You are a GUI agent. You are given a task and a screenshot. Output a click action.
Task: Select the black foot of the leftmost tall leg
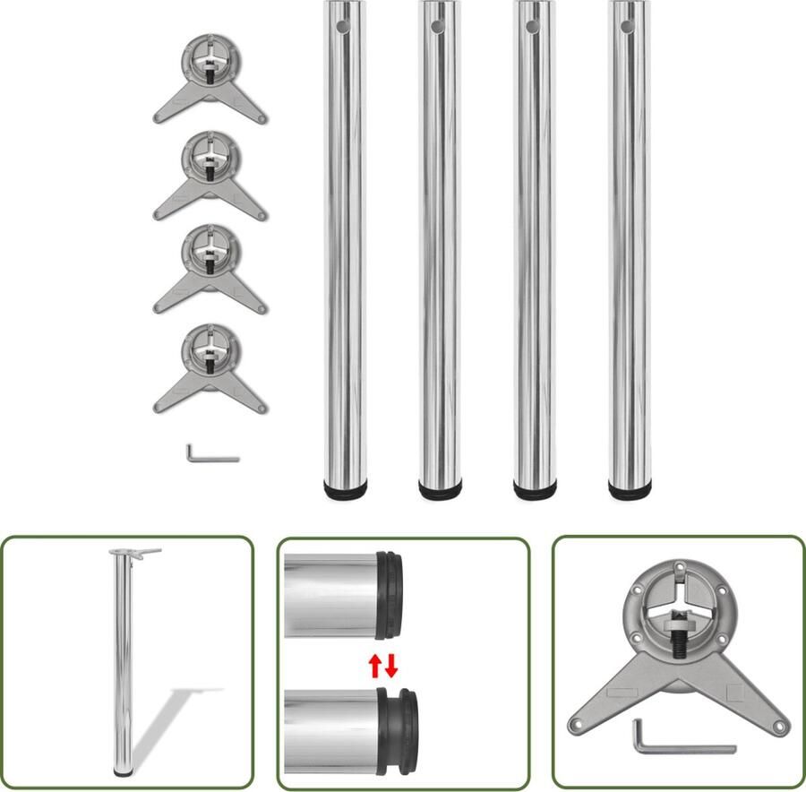click(x=345, y=490)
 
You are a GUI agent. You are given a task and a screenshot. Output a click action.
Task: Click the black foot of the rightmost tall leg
click(x=630, y=490)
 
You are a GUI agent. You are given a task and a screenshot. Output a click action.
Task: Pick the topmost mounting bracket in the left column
click(x=210, y=81)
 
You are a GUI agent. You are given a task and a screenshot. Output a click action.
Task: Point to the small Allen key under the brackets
click(x=210, y=454)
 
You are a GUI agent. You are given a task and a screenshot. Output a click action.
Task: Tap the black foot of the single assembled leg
click(x=122, y=771)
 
